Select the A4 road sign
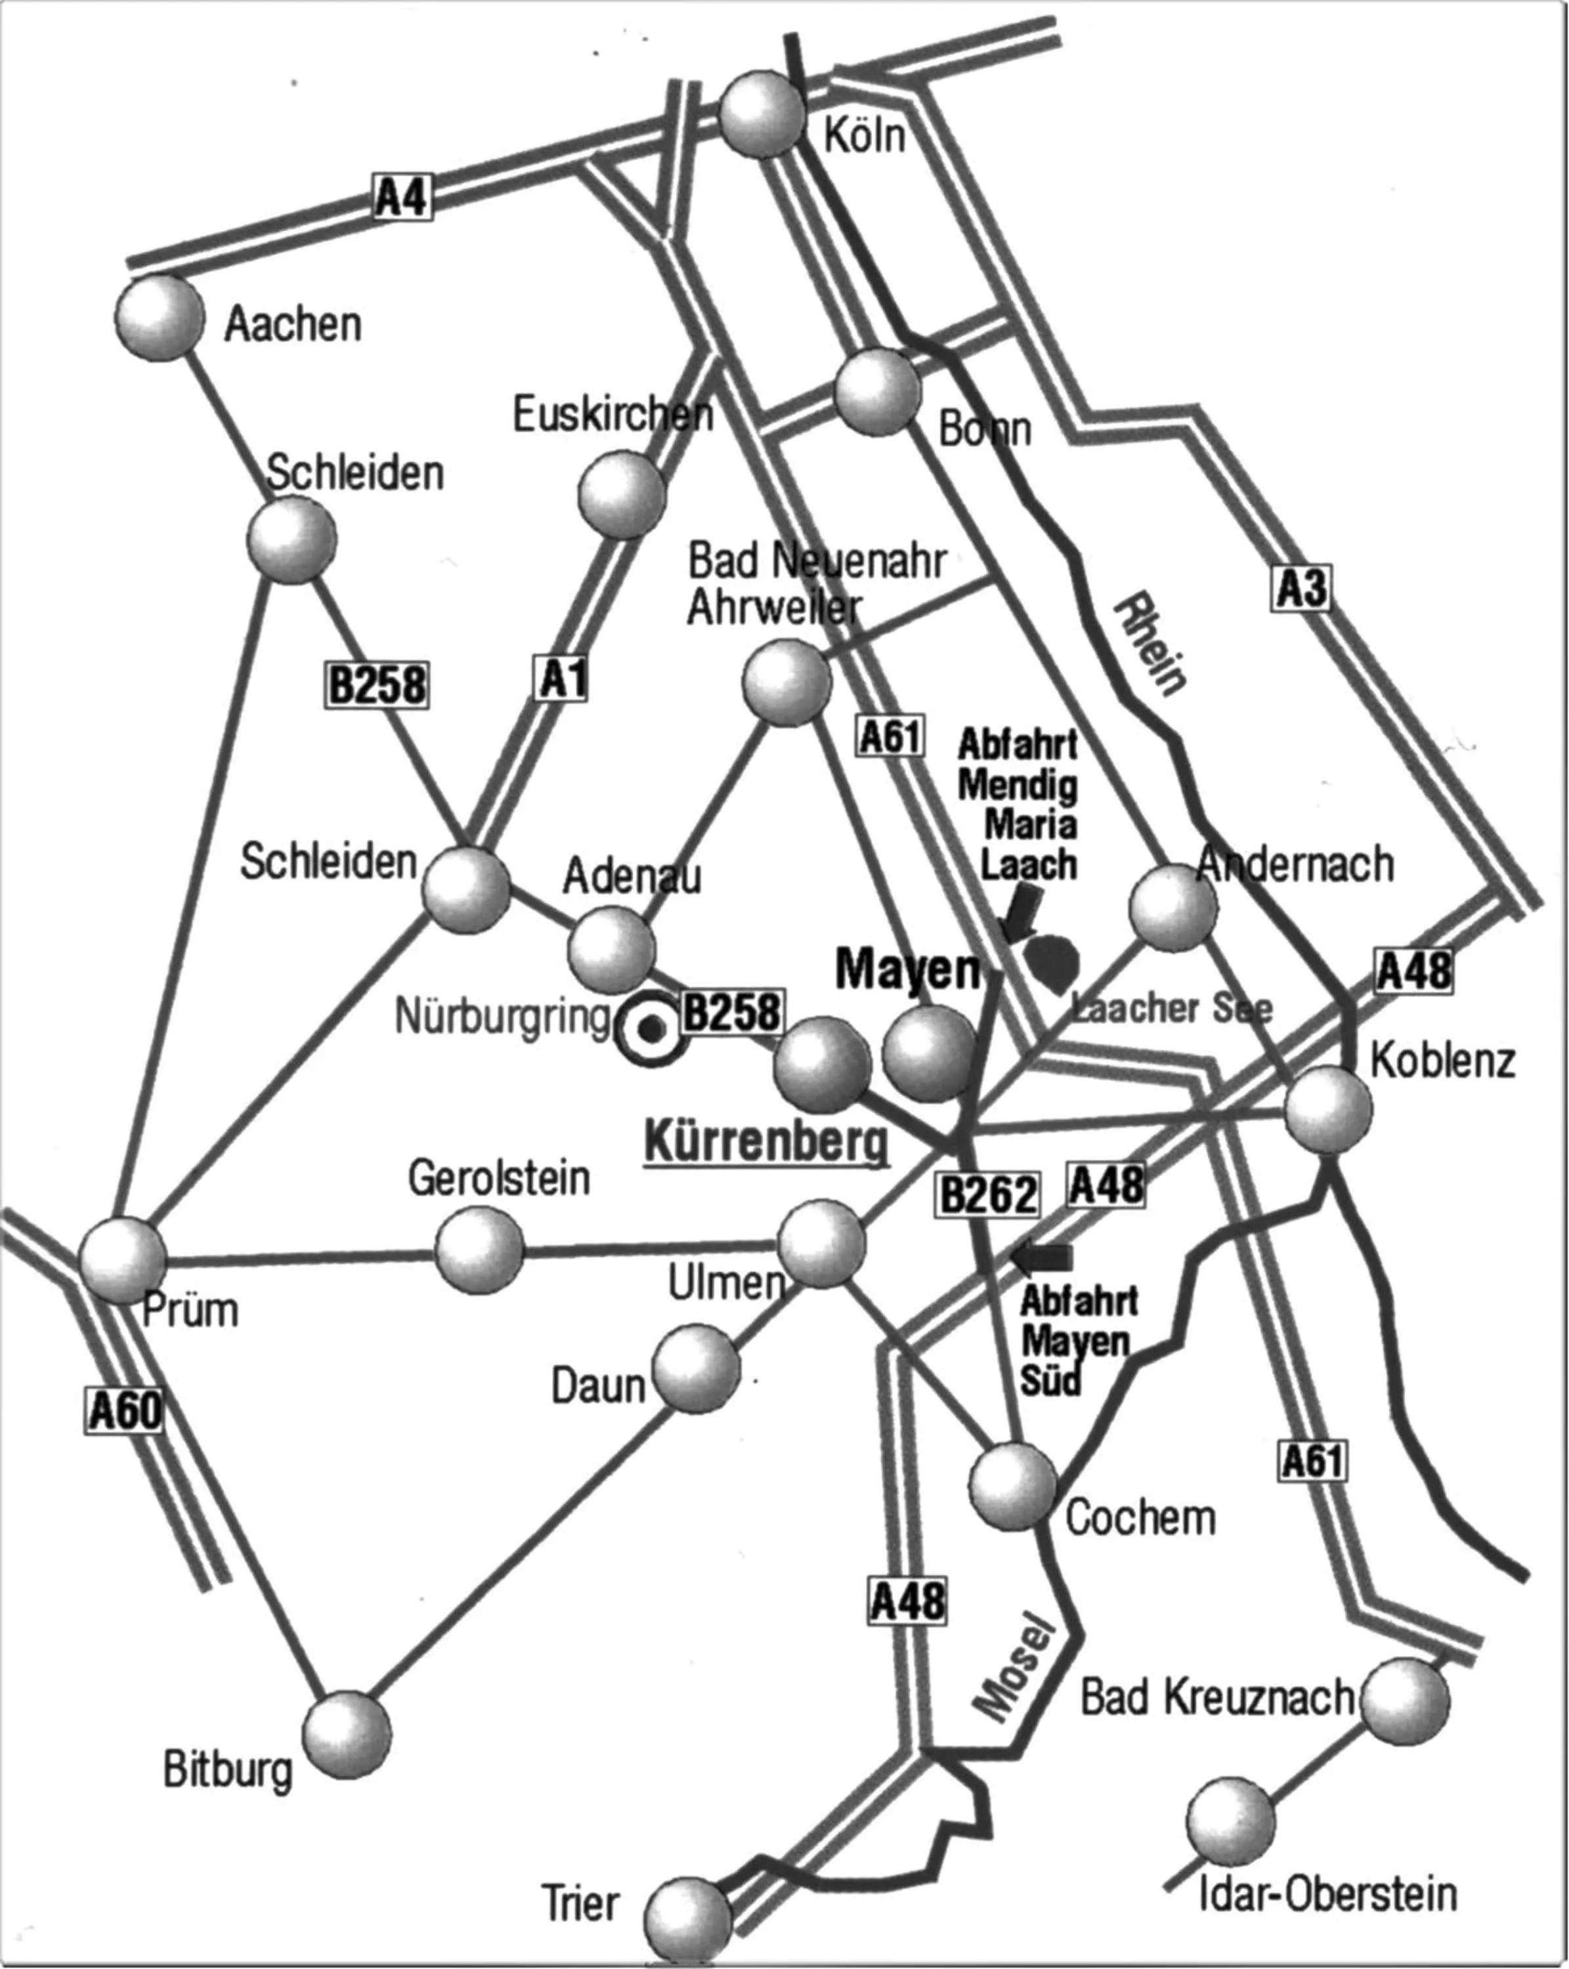(402, 196)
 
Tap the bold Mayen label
(908, 969)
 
